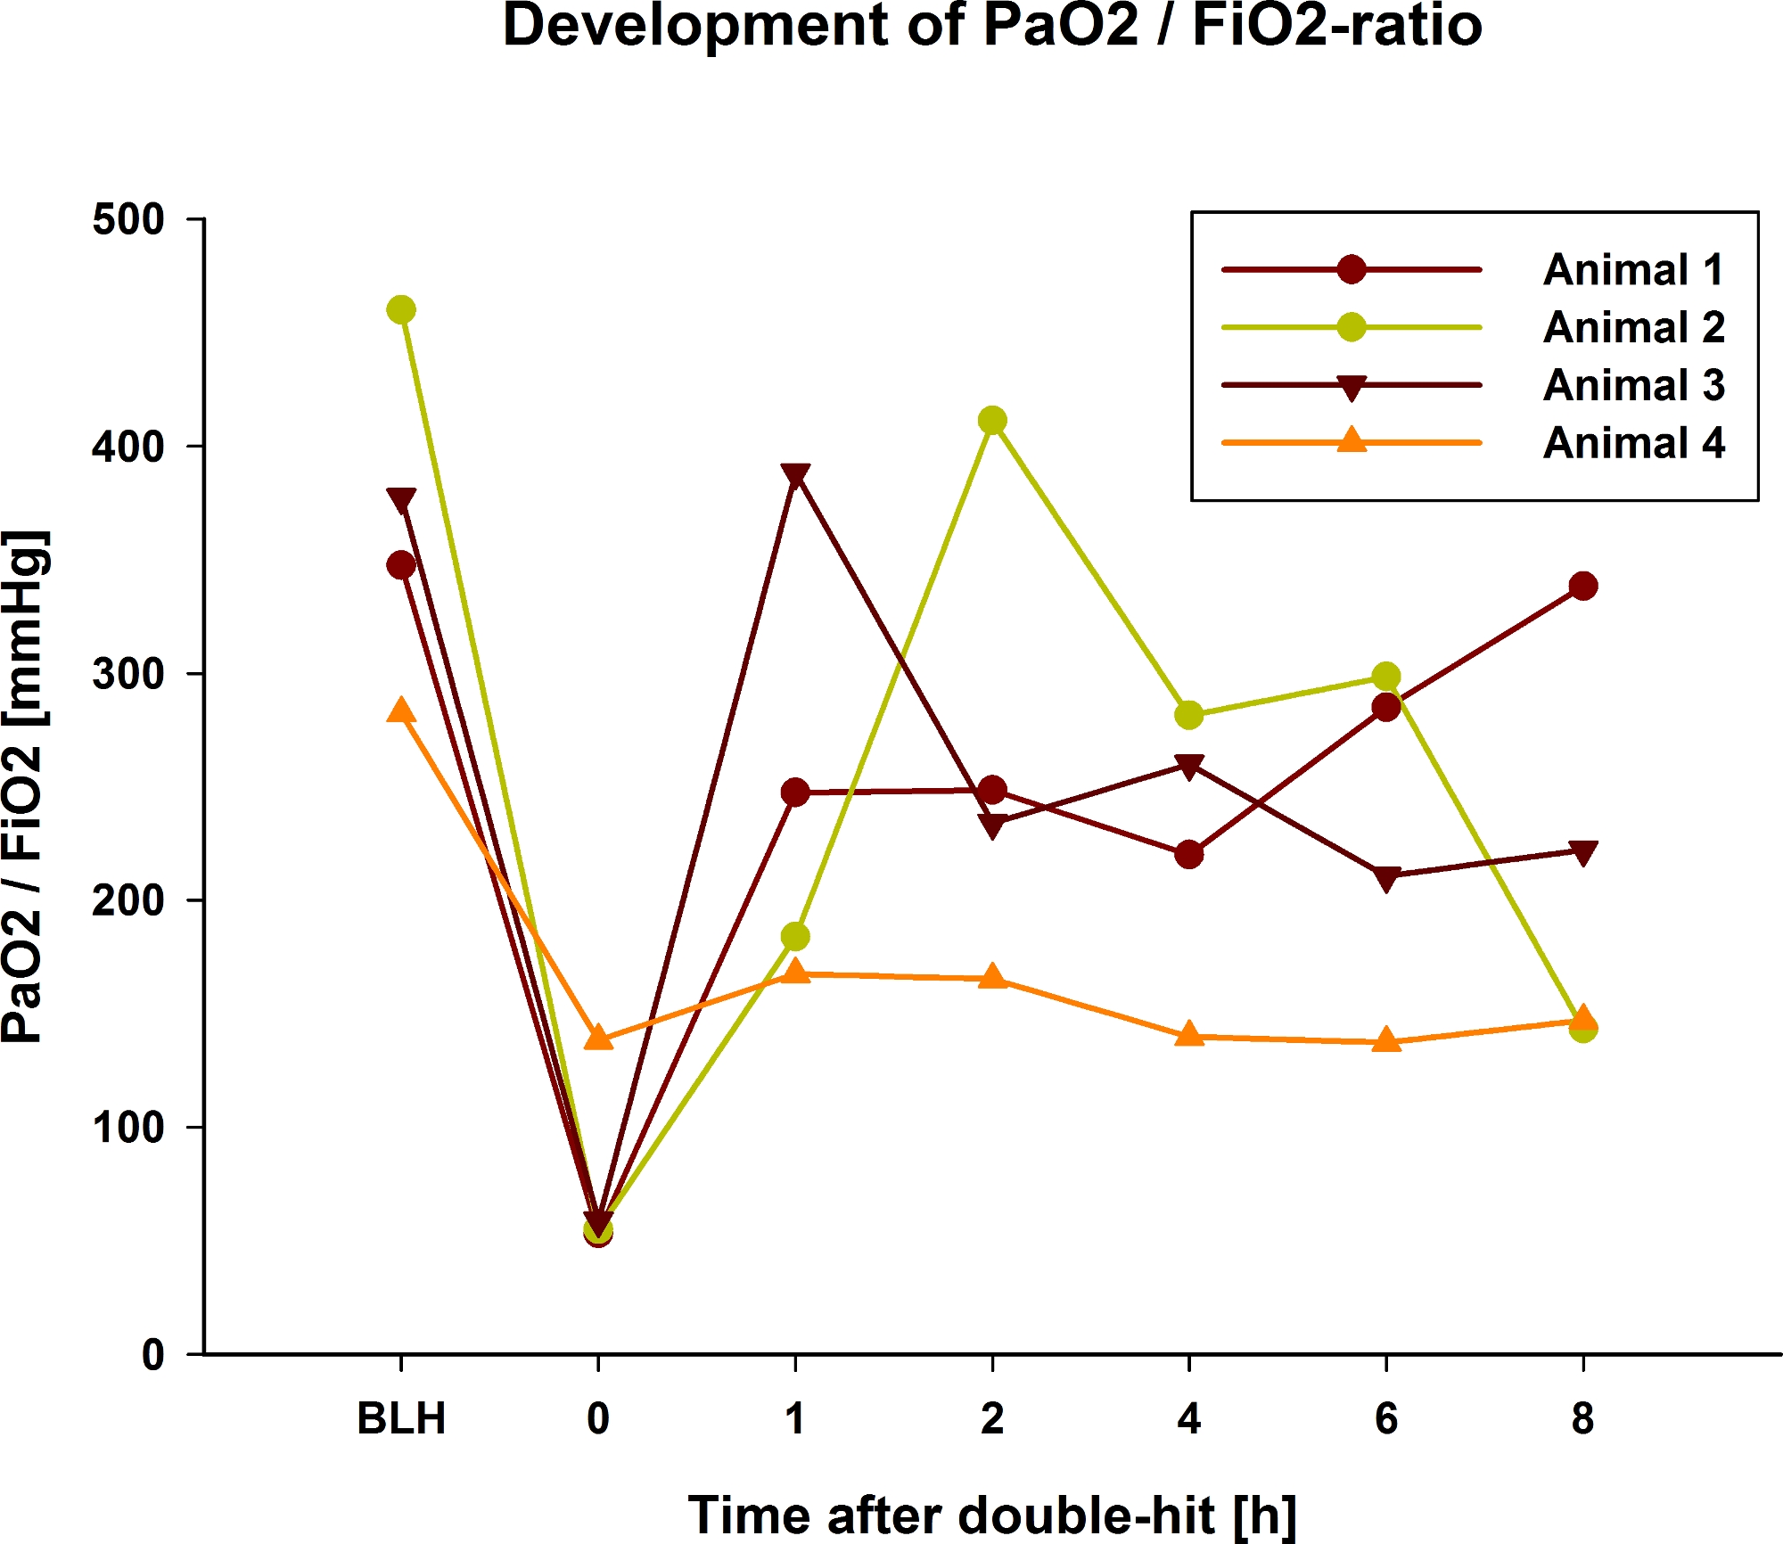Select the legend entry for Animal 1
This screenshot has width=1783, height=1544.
click(x=1633, y=269)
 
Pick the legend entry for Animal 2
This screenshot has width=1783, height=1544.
click(x=1633, y=327)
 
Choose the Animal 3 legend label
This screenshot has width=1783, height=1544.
click(x=1633, y=385)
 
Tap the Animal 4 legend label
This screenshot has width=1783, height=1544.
click(x=1633, y=443)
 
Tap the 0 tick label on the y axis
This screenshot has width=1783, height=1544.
click(x=153, y=1355)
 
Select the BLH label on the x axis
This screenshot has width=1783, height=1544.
click(x=401, y=1418)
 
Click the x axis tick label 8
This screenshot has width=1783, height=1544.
click(x=1582, y=1418)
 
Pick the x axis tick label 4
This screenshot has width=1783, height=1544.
click(x=1188, y=1418)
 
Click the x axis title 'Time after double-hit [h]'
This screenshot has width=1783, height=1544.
click(x=992, y=1515)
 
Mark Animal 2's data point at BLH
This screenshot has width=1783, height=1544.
click(x=401, y=310)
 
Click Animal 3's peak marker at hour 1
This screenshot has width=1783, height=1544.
click(x=795, y=475)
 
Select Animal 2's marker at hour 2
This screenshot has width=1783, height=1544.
click(x=992, y=420)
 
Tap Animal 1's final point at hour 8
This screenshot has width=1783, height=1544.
click(x=1582, y=586)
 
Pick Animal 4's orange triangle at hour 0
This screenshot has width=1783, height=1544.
click(x=598, y=1038)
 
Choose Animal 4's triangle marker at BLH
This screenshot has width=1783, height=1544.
click(x=401, y=710)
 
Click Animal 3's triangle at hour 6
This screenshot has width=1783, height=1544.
click(x=1385, y=879)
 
